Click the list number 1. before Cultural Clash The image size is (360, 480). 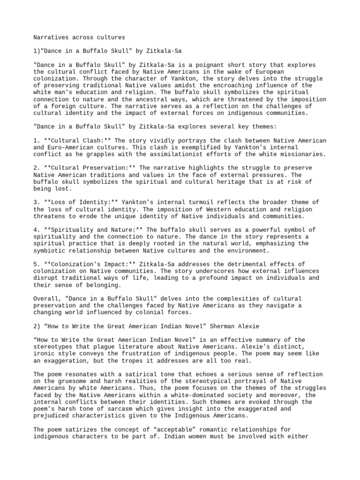36,141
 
